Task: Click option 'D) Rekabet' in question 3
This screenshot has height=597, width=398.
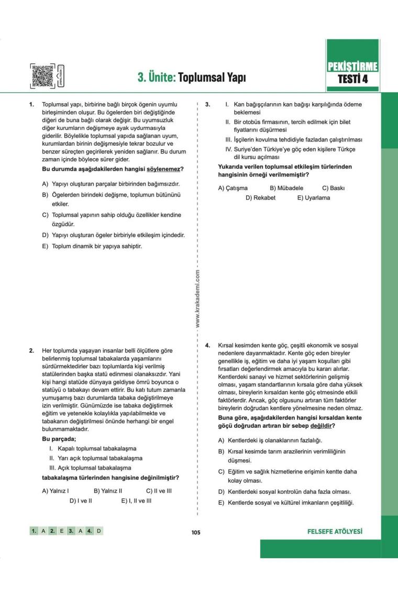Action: click(x=260, y=197)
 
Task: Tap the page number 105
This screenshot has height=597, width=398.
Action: click(x=196, y=532)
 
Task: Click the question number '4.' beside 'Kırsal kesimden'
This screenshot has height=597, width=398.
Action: click(x=207, y=346)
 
